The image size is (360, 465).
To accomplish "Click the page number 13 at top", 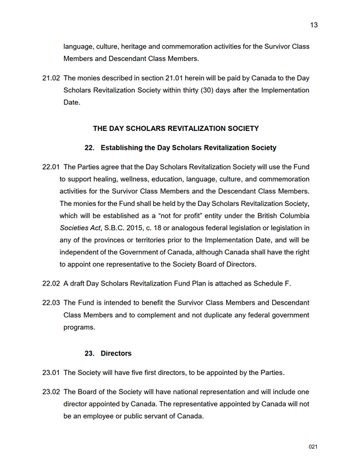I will tap(314, 25).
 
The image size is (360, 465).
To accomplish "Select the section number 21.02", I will tap(51, 78).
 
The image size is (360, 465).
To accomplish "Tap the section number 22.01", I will tap(51, 167).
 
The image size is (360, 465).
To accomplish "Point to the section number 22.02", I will tap(51, 283).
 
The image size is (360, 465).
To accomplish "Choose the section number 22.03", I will tap(51, 303).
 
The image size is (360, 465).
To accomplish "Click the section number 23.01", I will tap(51, 372).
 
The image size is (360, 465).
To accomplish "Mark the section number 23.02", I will tap(51, 392).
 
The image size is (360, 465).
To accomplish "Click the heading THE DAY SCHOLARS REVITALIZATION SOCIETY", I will tap(176, 129).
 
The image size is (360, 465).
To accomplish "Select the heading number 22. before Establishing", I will tap(89, 148).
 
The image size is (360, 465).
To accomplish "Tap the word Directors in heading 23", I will tap(116, 353).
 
